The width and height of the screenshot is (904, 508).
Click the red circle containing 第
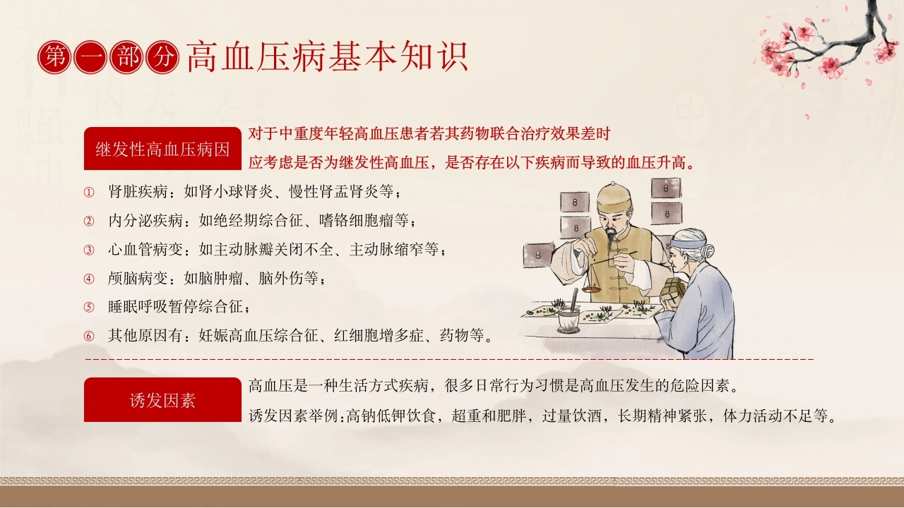click(x=54, y=57)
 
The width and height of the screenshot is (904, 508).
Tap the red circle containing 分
click(x=162, y=57)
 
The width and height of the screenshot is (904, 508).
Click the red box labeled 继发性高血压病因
click(x=162, y=148)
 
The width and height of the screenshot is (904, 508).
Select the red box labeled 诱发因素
click(x=162, y=399)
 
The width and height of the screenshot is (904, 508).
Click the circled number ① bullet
click(x=89, y=193)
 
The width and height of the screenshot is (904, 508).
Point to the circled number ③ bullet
click(x=89, y=250)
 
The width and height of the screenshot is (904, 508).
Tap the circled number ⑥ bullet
click(x=89, y=336)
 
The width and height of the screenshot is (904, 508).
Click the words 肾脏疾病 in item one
click(x=138, y=191)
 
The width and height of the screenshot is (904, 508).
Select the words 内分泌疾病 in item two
click(x=145, y=221)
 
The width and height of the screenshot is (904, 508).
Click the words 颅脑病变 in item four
click(x=138, y=278)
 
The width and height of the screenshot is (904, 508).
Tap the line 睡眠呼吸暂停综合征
click(x=176, y=307)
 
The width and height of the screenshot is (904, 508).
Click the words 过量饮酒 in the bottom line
click(x=572, y=416)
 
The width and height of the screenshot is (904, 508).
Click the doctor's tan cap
click(x=614, y=198)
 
